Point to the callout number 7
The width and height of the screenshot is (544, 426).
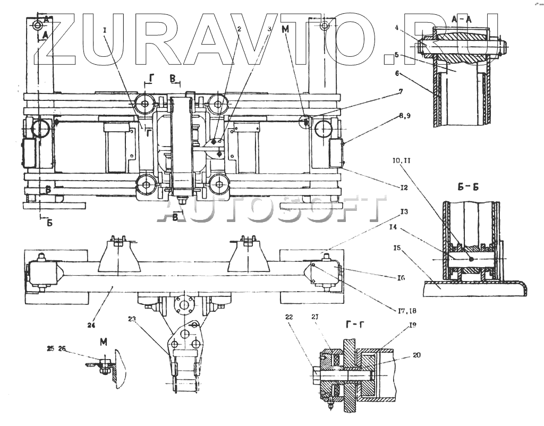tap(399, 91)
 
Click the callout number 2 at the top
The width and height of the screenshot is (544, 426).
tap(239, 30)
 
